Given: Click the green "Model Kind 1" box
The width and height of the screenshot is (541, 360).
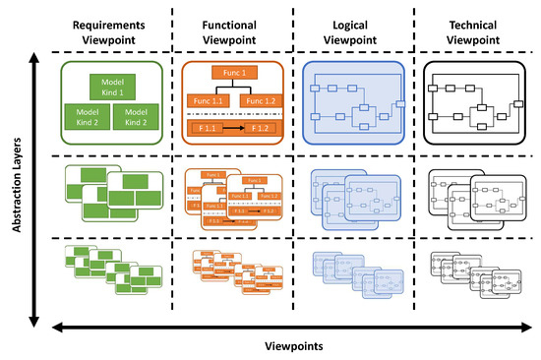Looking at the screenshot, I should tap(108, 86).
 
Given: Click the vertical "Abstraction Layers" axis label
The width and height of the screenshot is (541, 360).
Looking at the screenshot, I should tap(14, 187).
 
